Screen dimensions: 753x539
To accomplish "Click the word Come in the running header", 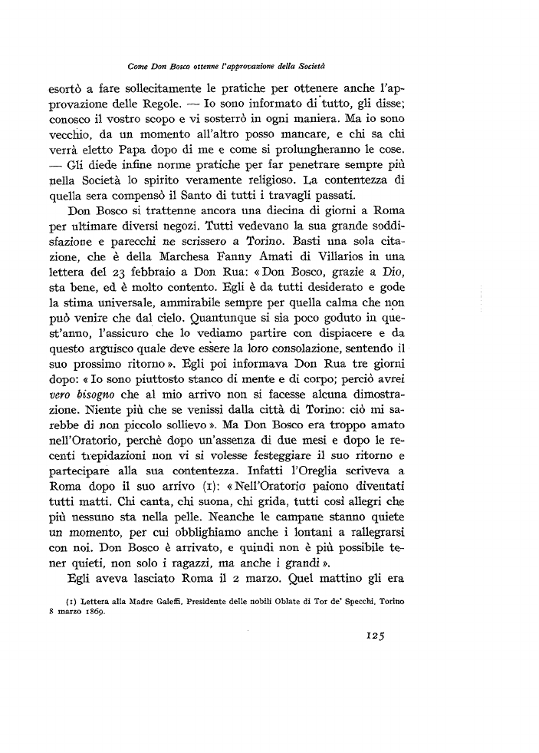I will pos(141,67).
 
